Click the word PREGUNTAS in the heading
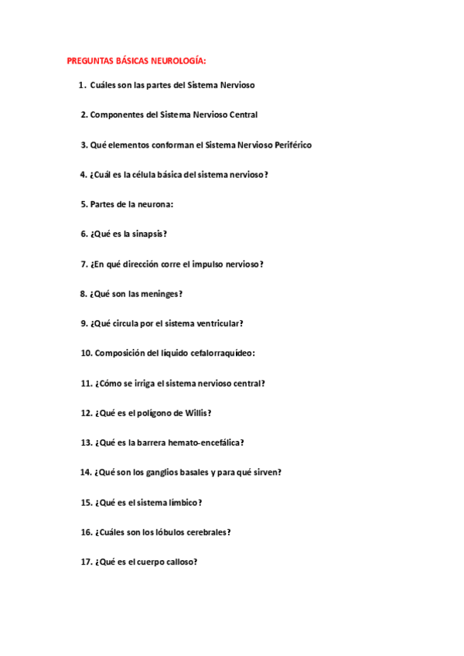pos(90,60)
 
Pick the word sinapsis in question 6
pos(149,234)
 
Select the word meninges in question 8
pos(163,294)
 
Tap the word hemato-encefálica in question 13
pos(206,442)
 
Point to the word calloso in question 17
pos(180,562)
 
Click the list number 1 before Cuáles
pos(81,85)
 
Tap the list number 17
pos(86,562)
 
